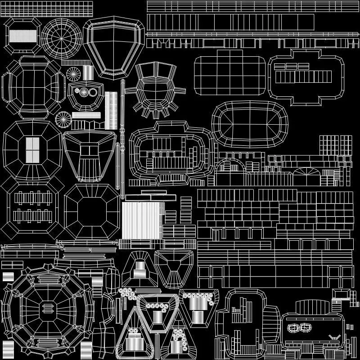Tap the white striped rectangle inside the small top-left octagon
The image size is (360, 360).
[x=22, y=36]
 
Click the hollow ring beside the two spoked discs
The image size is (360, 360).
[x=93, y=92]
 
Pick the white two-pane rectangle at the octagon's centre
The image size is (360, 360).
[x=32, y=150]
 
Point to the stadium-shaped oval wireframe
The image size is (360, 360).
[x=249, y=124]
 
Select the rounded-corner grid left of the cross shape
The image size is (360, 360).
[x=230, y=72]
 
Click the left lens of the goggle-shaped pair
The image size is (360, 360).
[x=293, y=328]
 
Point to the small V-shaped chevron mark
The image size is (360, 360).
[x=333, y=336]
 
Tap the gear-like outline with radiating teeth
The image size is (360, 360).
[x=155, y=90]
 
